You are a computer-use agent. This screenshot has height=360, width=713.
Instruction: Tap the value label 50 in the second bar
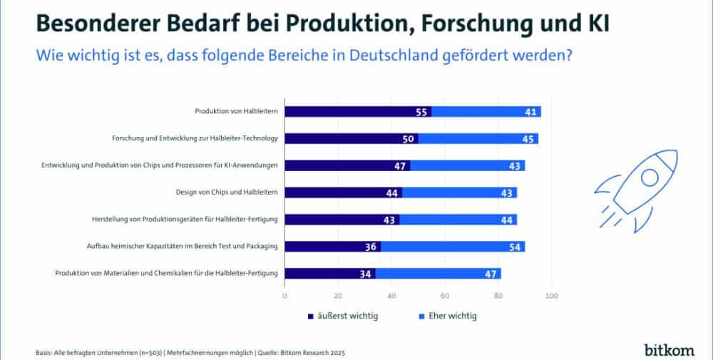pos(409,139)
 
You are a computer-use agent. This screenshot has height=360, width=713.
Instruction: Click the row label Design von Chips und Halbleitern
pos(226,192)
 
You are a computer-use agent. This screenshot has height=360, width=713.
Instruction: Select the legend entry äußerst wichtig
pos(343,316)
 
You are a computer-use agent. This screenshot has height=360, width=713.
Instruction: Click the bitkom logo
pos(670,349)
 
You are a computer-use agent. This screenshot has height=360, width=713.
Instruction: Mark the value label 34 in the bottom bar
pos(366,274)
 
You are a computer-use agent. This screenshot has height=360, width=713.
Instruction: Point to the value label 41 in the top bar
pos(530,112)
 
